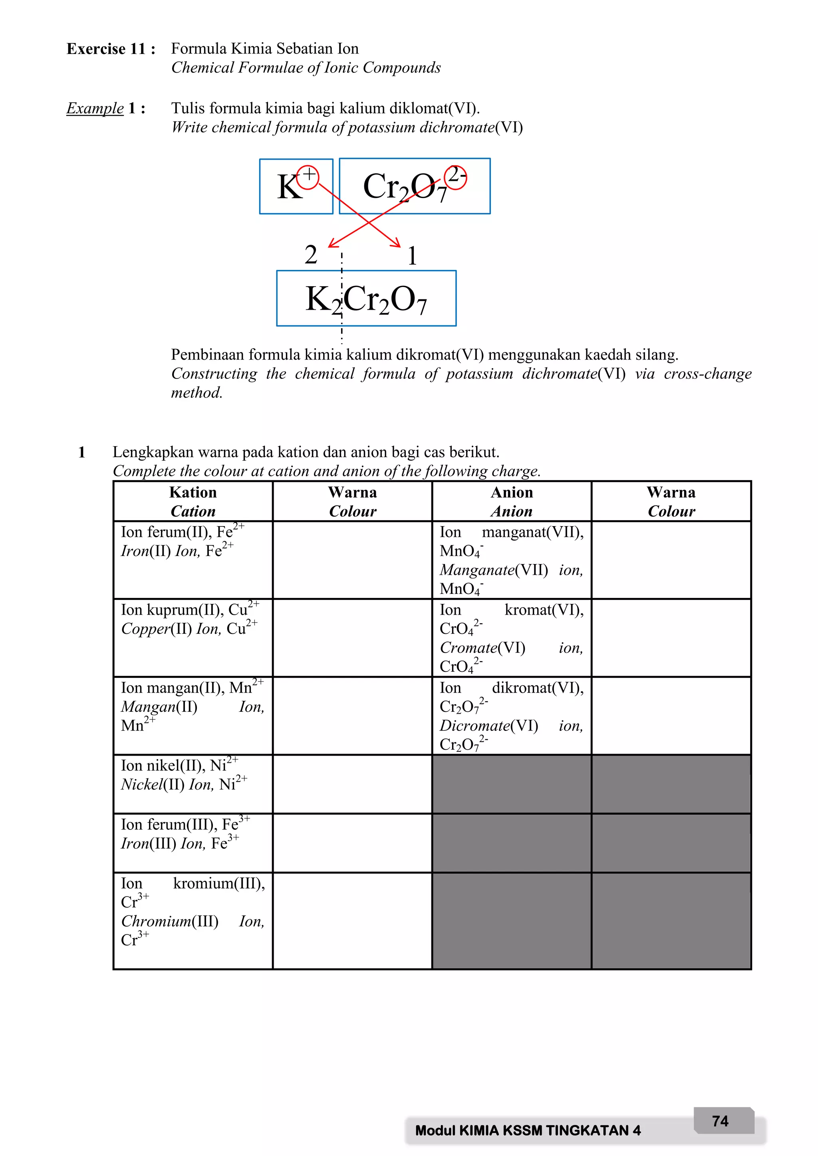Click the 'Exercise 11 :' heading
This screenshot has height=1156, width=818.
(111, 49)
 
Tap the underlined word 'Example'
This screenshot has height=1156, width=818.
(95, 108)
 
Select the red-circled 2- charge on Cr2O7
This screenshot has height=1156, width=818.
(456, 176)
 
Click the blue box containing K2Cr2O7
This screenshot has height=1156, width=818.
(366, 299)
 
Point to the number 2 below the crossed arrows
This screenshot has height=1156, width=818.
(311, 255)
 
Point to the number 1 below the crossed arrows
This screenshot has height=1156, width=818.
(412, 256)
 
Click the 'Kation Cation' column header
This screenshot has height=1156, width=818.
(193, 501)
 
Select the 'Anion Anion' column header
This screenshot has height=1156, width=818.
(511, 501)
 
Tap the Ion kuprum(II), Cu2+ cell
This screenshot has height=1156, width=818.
(193, 637)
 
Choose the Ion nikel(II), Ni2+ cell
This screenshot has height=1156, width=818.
(193, 784)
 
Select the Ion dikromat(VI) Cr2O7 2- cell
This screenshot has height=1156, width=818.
(511, 715)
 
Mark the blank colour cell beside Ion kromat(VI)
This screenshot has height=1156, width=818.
(671, 637)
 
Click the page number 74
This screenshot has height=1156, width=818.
(720, 1121)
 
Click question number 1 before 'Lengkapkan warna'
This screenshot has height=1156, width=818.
(81, 452)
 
